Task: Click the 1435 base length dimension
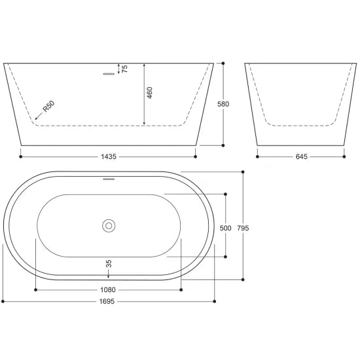(108, 157)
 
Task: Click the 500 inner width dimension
(226, 228)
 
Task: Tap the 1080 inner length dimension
(108, 289)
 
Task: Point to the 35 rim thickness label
(108, 264)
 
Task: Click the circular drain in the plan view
(108, 226)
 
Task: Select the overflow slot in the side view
(108, 74)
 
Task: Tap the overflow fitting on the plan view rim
(108, 177)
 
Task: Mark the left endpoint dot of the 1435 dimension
(22, 156)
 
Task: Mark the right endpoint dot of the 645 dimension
(344, 156)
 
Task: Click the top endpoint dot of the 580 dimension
(224, 63)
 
